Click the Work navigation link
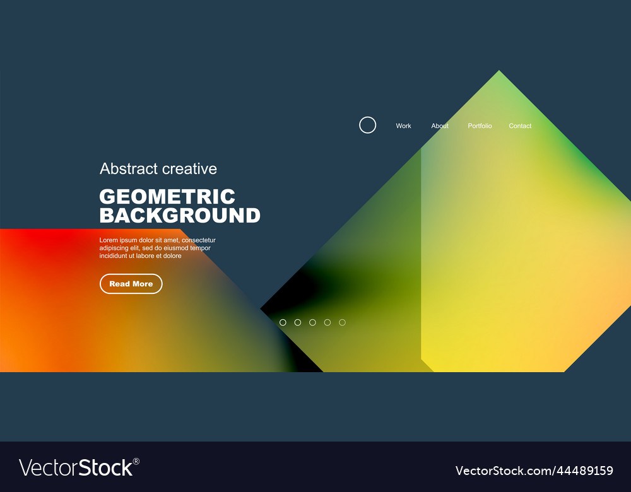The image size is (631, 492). point(403,126)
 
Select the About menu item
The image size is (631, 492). point(440,126)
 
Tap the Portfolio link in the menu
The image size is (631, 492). point(480,126)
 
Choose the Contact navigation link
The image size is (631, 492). point(520,126)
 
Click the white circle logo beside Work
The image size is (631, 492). point(367,125)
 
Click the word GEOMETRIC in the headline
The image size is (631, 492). point(167,197)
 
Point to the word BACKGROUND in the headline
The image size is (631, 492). point(180,216)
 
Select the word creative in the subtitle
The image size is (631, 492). point(189,169)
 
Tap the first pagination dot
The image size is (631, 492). point(283,322)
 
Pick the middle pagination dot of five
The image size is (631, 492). point(312,322)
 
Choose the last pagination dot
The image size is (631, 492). point(342,322)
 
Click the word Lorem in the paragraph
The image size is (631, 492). point(109,240)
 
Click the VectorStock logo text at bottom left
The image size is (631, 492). point(76,467)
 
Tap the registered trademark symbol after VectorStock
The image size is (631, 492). point(136,462)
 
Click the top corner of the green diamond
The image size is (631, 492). point(499,72)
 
